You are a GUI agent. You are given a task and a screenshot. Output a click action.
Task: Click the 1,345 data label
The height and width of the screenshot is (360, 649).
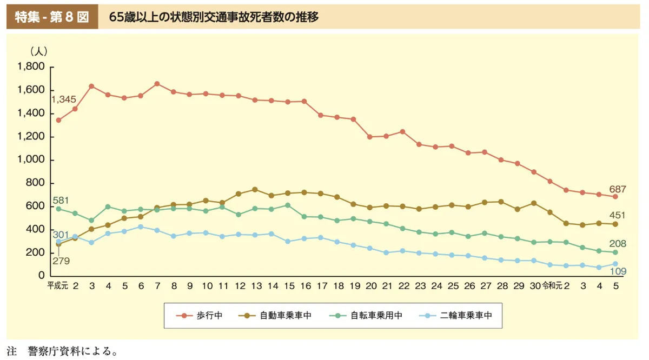[x=63, y=100]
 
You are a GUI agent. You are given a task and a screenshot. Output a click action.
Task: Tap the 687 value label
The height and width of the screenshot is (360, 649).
[x=617, y=189]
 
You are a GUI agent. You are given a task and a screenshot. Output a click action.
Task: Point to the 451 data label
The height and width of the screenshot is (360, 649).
[x=617, y=216]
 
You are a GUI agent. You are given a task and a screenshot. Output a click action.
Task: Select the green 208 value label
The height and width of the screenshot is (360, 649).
[x=617, y=244]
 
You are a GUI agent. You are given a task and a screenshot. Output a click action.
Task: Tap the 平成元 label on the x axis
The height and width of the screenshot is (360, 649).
[x=57, y=286]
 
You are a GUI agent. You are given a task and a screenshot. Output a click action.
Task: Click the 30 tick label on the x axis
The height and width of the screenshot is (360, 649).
[x=535, y=286]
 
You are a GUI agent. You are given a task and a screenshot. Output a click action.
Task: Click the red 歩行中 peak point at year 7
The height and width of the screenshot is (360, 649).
[x=157, y=84]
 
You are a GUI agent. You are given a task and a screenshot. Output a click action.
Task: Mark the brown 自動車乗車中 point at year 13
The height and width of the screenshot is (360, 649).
[x=255, y=189]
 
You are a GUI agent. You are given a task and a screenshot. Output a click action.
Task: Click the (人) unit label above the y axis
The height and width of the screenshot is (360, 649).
[x=39, y=51]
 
